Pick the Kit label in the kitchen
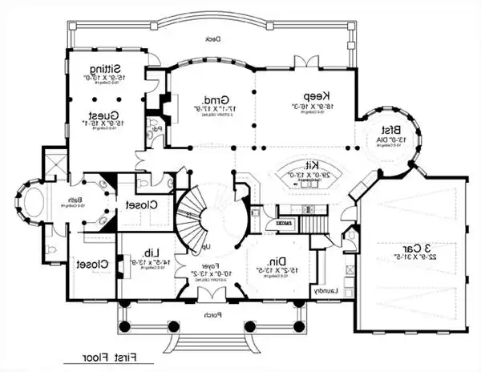coord(306,163)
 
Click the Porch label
coord(213,315)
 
